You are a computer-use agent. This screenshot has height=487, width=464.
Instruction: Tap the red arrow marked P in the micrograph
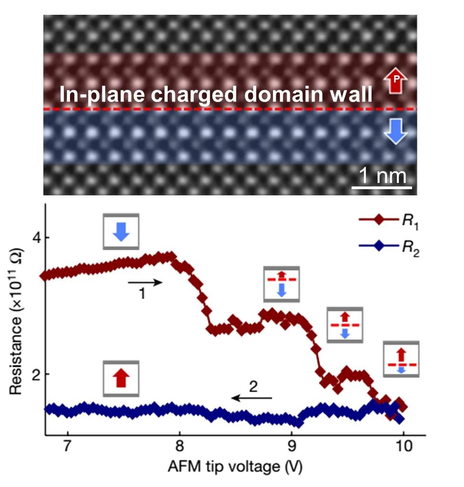coord(395,79)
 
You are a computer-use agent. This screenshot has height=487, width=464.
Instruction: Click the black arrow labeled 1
coord(145,283)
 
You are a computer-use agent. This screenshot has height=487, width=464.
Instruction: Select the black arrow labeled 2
coord(252,397)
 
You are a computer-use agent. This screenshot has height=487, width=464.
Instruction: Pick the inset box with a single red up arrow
coord(121,378)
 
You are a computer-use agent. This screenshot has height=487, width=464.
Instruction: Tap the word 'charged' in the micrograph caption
coord(196,94)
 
